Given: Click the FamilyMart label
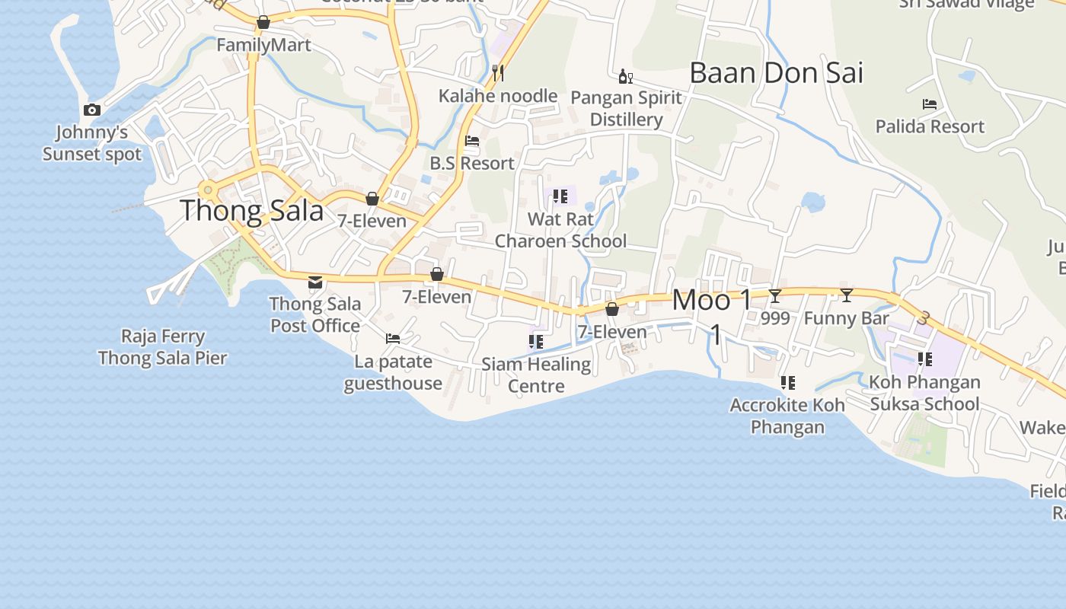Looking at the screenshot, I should pos(263,45).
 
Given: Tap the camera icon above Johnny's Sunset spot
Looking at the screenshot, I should pos(92,110).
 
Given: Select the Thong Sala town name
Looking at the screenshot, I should pos(252,210).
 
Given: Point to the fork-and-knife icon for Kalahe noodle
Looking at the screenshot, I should pos(499,72).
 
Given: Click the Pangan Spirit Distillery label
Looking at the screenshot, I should pos(626,109).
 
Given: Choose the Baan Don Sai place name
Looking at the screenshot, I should pos(776,73).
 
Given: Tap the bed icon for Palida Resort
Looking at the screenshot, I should pos(929,104).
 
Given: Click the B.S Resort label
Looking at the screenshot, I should pos(472,163).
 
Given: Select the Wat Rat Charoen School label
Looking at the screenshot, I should pos(561,230).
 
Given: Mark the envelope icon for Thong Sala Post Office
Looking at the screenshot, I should pos(315,282).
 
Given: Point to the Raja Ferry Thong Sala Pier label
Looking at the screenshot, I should pos(163,347).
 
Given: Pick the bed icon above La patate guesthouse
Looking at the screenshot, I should pos(393,339).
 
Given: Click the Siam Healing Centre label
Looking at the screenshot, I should pos(536,375).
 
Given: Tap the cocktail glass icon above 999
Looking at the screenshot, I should pos(775,296).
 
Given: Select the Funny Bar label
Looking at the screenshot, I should pos(847,318).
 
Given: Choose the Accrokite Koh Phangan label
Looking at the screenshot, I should pos(787,416).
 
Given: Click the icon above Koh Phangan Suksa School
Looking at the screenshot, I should pos(925,359).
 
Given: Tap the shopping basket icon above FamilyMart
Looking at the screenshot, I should pos(263,23).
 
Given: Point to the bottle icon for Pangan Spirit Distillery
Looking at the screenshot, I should pos(625,76).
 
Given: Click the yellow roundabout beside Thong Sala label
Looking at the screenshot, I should pos(206,189).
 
